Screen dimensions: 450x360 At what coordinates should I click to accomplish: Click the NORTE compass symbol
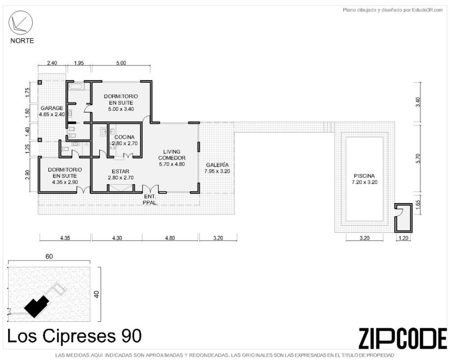click(x=20, y=23)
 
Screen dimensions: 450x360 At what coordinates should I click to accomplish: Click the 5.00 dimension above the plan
click(x=121, y=63)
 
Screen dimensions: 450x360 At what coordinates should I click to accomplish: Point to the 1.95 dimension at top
click(x=78, y=63)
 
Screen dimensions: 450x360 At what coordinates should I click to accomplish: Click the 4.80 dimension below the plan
click(x=170, y=238)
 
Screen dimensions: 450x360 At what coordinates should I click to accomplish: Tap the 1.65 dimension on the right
click(x=418, y=206)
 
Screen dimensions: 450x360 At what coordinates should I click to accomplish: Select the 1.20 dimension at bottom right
click(x=403, y=238)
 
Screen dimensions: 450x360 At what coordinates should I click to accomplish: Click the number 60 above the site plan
click(x=49, y=256)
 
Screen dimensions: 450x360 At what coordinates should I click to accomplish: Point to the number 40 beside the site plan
click(x=97, y=294)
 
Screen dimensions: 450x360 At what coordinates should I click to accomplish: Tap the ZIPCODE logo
click(x=402, y=337)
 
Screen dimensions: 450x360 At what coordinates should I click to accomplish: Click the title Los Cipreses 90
click(x=74, y=336)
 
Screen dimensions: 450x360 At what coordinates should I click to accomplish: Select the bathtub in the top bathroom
click(x=76, y=87)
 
